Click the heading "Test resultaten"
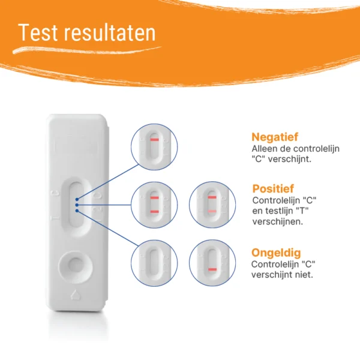[x=87, y=32]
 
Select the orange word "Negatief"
[x=275, y=137]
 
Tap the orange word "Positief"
[x=273, y=189]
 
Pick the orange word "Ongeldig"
[x=276, y=253]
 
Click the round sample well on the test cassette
[x=76, y=267]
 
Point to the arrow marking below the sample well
[x=75, y=295]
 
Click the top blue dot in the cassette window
[x=77, y=199]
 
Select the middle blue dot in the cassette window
[x=77, y=205]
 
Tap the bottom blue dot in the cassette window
[x=77, y=211]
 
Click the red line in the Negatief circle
[x=155, y=140]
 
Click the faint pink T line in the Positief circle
[x=212, y=211]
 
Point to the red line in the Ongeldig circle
[x=212, y=269]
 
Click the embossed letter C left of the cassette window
[x=56, y=193]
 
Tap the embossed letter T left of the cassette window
[x=55, y=218]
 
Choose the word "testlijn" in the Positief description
[x=277, y=211]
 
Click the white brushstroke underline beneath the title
[x=87, y=50]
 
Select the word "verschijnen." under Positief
[x=278, y=222]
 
